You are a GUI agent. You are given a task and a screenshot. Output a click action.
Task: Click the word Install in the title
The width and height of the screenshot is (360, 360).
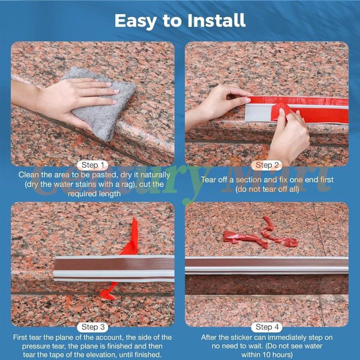click(216, 20)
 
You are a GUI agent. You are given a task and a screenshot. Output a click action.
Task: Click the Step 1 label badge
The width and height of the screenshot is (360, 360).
click(93, 165)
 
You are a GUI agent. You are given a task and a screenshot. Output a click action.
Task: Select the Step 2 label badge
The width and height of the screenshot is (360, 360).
click(267, 165)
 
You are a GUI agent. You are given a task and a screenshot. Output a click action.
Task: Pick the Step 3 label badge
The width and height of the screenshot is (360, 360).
click(93, 327)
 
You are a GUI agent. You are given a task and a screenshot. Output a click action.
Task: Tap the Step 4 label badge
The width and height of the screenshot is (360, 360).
click(267, 327)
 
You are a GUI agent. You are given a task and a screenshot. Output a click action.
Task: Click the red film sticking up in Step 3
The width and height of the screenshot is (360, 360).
click(131, 237)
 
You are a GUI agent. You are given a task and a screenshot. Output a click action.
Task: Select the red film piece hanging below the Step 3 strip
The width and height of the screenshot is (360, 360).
click(108, 290)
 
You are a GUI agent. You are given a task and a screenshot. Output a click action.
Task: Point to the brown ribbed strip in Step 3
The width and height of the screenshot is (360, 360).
click(114, 264)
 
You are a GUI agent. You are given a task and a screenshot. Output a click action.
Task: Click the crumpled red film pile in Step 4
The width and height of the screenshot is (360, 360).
click(261, 234)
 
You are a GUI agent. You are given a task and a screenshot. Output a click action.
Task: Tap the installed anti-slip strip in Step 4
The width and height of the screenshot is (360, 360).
click(267, 265)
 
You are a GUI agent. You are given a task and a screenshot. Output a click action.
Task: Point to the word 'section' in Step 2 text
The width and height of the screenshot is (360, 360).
click(249, 180)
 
